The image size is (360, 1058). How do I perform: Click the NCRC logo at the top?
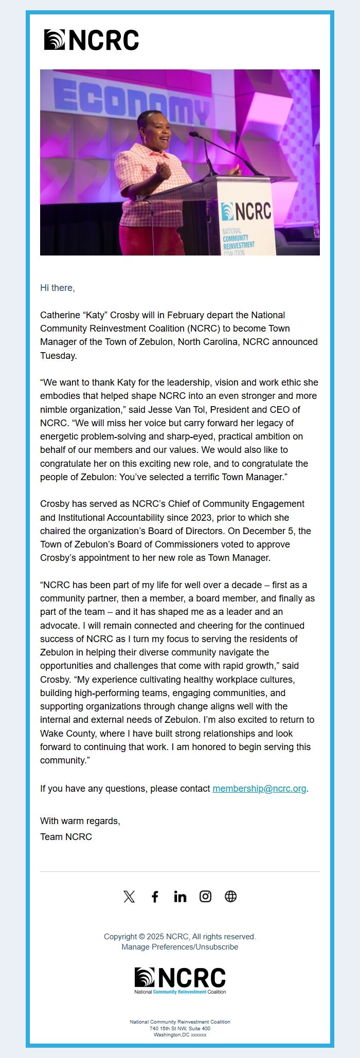[x=92, y=40]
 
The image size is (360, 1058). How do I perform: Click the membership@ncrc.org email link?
[x=259, y=788]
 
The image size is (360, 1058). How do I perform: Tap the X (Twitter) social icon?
[x=129, y=897]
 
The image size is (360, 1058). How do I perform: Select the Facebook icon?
[x=155, y=897]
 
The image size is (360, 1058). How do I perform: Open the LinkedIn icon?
[x=180, y=897]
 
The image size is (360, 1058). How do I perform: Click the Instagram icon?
[x=205, y=897]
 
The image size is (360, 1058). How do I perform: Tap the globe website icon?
[x=230, y=897]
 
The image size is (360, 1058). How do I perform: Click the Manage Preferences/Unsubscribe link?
[x=179, y=946]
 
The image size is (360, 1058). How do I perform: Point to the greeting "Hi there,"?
[x=58, y=288]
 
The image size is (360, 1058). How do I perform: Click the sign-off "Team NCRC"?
[x=66, y=836]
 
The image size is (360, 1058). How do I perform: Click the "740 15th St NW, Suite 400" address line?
[x=180, y=1028]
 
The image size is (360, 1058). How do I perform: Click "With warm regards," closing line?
[x=80, y=820]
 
